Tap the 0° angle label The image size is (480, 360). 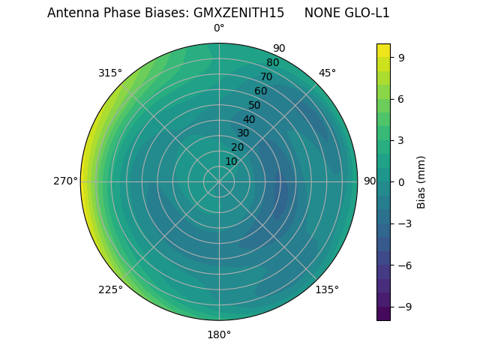pyautogui.click(x=219, y=28)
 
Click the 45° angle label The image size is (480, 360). pyautogui.click(x=327, y=73)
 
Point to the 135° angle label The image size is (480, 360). pyautogui.click(x=327, y=289)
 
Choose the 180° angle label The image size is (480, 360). pyautogui.click(x=219, y=334)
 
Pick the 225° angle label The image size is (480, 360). pyautogui.click(x=110, y=289)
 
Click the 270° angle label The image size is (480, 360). pyautogui.click(x=65, y=181)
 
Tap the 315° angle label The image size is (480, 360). pyautogui.click(x=110, y=73)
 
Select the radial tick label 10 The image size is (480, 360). pyautogui.click(x=231, y=161)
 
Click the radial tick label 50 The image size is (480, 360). pyautogui.click(x=255, y=106)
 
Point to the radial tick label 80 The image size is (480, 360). pyautogui.click(x=272, y=63)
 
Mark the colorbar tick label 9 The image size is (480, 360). pyautogui.click(x=401, y=57)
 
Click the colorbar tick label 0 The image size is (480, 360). pyautogui.click(x=401, y=181)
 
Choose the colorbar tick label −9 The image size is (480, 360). pyautogui.click(x=404, y=306)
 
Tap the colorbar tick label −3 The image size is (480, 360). pyautogui.click(x=404, y=223)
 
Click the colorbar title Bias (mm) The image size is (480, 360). pyautogui.click(x=421, y=181)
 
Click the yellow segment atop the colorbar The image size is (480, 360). pyautogui.click(x=383, y=49)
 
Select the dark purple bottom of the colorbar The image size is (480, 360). pyautogui.click(x=383, y=315)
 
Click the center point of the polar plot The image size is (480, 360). pyautogui.click(x=219, y=181)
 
